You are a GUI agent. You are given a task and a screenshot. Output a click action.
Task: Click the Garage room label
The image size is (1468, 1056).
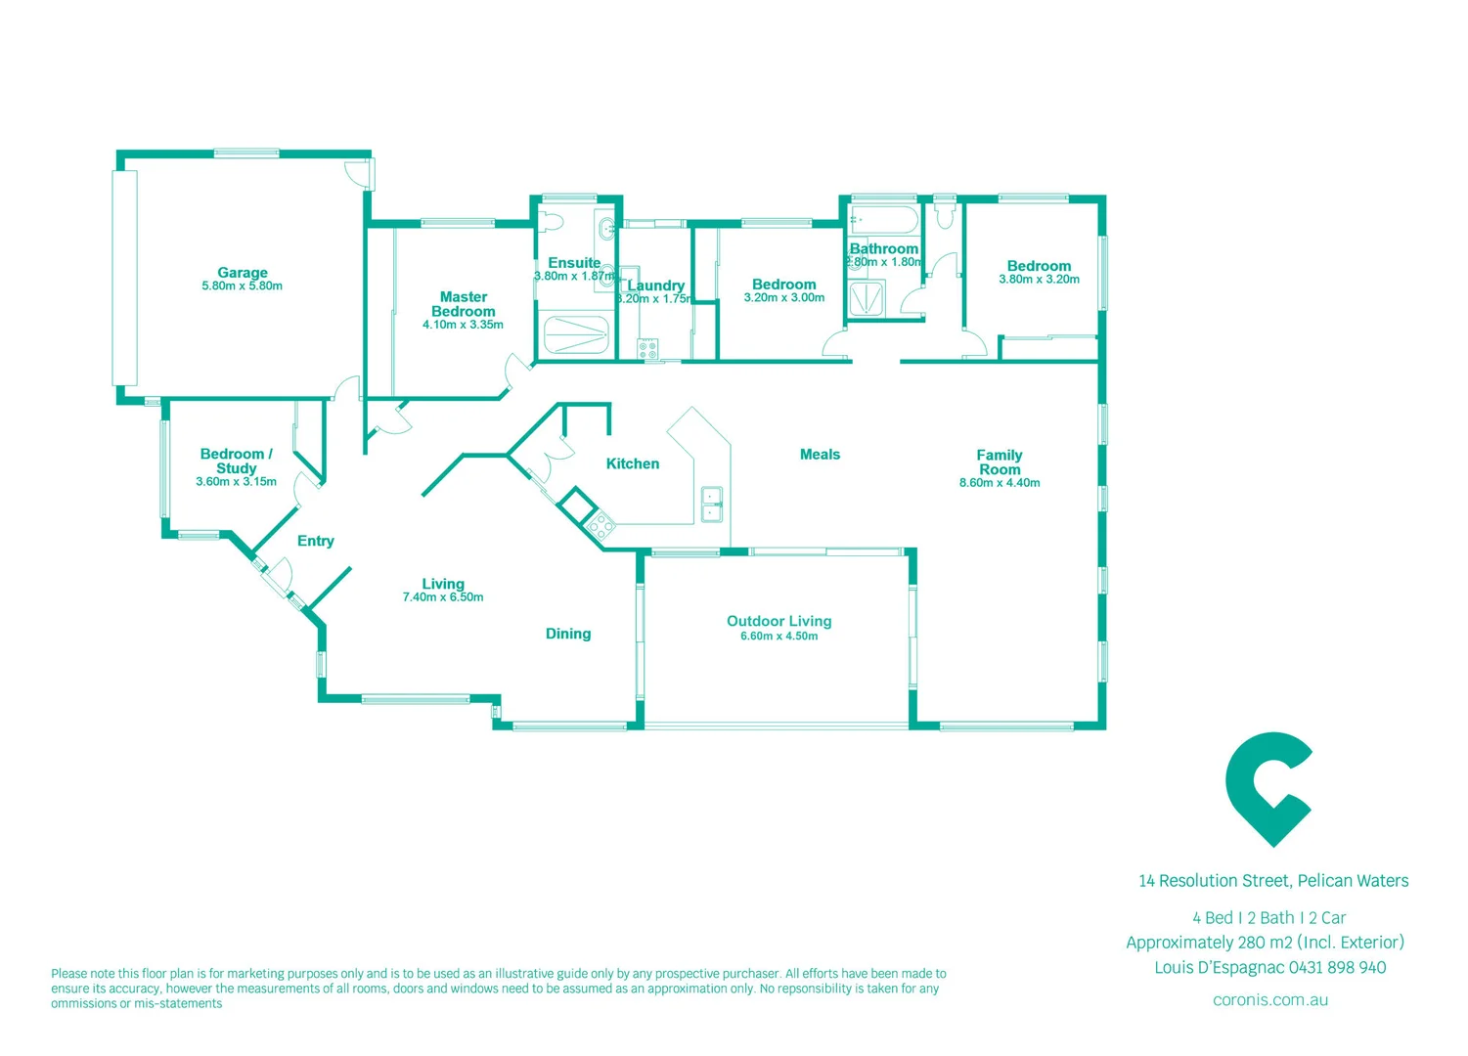pyautogui.click(x=243, y=273)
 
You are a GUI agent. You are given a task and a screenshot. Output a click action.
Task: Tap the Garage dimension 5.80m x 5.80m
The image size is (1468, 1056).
pyautogui.click(x=243, y=286)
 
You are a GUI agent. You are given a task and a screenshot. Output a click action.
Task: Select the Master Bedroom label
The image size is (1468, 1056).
pyautogui.click(x=464, y=304)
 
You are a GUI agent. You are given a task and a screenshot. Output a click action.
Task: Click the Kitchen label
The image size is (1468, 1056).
pyautogui.click(x=633, y=463)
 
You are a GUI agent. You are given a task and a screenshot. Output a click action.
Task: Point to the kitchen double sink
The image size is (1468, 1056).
pyautogui.click(x=711, y=505)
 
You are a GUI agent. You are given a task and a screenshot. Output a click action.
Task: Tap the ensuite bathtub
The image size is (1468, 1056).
pyautogui.click(x=576, y=335)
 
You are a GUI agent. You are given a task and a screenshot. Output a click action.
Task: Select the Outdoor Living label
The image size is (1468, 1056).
pyautogui.click(x=778, y=621)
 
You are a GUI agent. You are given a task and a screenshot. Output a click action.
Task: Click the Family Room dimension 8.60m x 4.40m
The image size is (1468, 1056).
pyautogui.click(x=1000, y=483)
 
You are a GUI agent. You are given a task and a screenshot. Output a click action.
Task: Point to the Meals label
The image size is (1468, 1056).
pyautogui.click(x=820, y=454)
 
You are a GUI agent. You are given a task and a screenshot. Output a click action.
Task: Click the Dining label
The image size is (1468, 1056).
pyautogui.click(x=568, y=634)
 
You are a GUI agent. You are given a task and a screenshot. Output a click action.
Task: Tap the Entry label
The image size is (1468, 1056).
pyautogui.click(x=316, y=541)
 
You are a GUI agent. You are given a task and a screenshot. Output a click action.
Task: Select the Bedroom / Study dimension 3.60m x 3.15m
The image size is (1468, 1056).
pyautogui.click(x=236, y=482)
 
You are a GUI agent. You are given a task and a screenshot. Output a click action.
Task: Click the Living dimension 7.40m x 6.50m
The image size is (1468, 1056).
pyautogui.click(x=443, y=597)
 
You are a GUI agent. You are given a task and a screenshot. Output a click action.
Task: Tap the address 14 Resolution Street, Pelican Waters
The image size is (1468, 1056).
pyautogui.click(x=1273, y=881)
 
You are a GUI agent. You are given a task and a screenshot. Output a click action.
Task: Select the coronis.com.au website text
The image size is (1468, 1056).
pyautogui.click(x=1269, y=1000)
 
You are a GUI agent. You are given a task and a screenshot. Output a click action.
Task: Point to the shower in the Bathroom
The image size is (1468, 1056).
pyautogui.click(x=867, y=299)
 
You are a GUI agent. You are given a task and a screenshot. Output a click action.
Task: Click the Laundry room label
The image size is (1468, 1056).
pyautogui.click(x=656, y=286)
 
